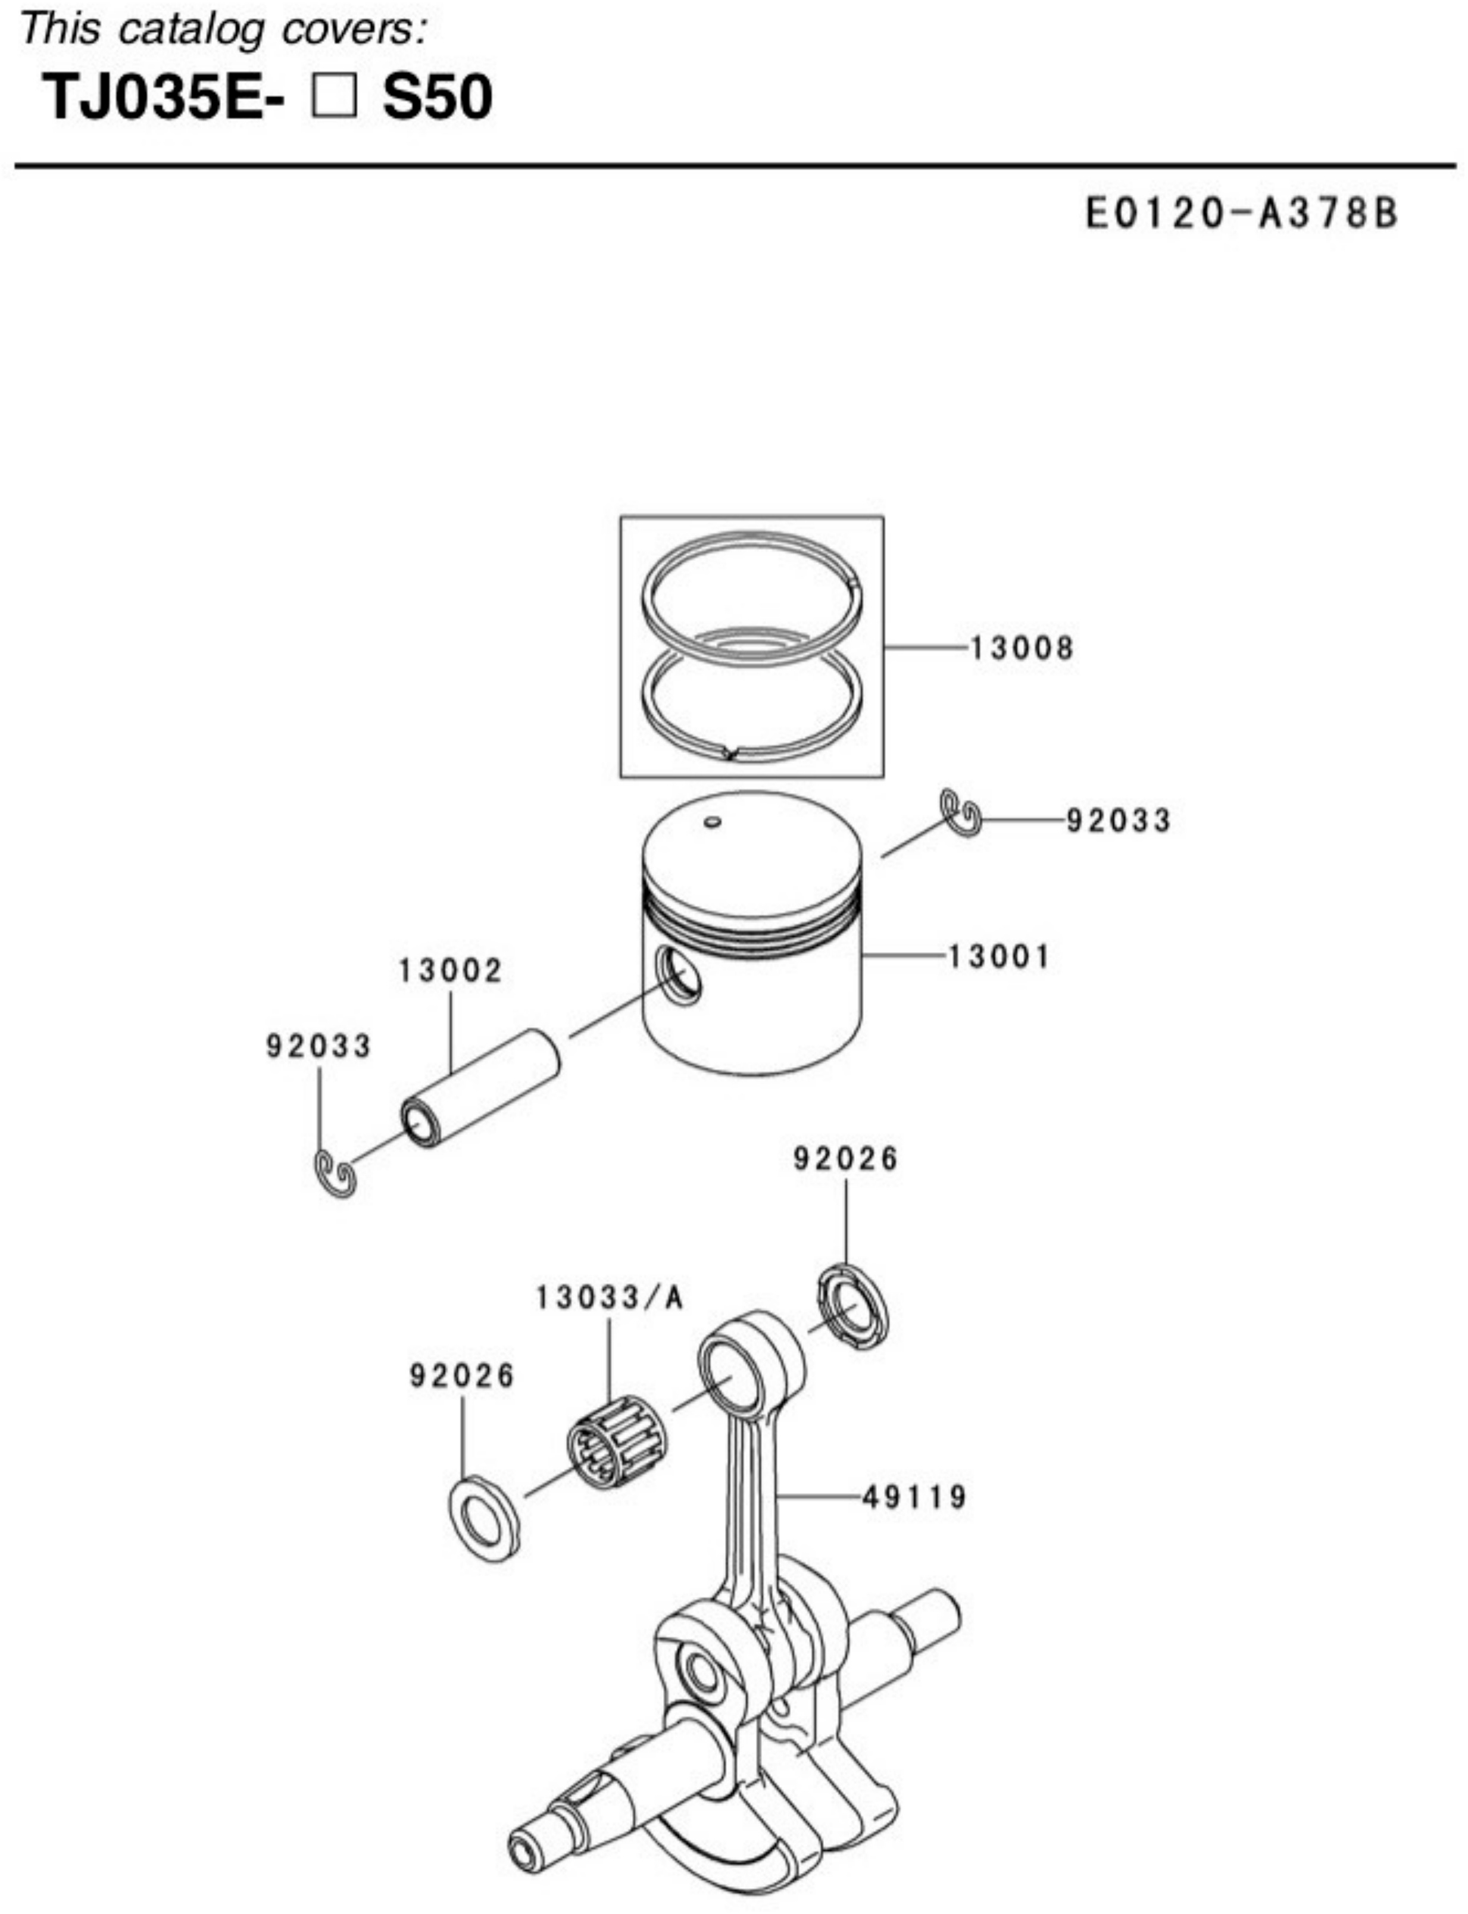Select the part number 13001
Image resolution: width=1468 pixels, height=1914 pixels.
click(999, 956)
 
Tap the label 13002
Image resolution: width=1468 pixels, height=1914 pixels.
click(451, 971)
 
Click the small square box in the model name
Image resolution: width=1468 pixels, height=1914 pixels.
click(334, 97)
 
